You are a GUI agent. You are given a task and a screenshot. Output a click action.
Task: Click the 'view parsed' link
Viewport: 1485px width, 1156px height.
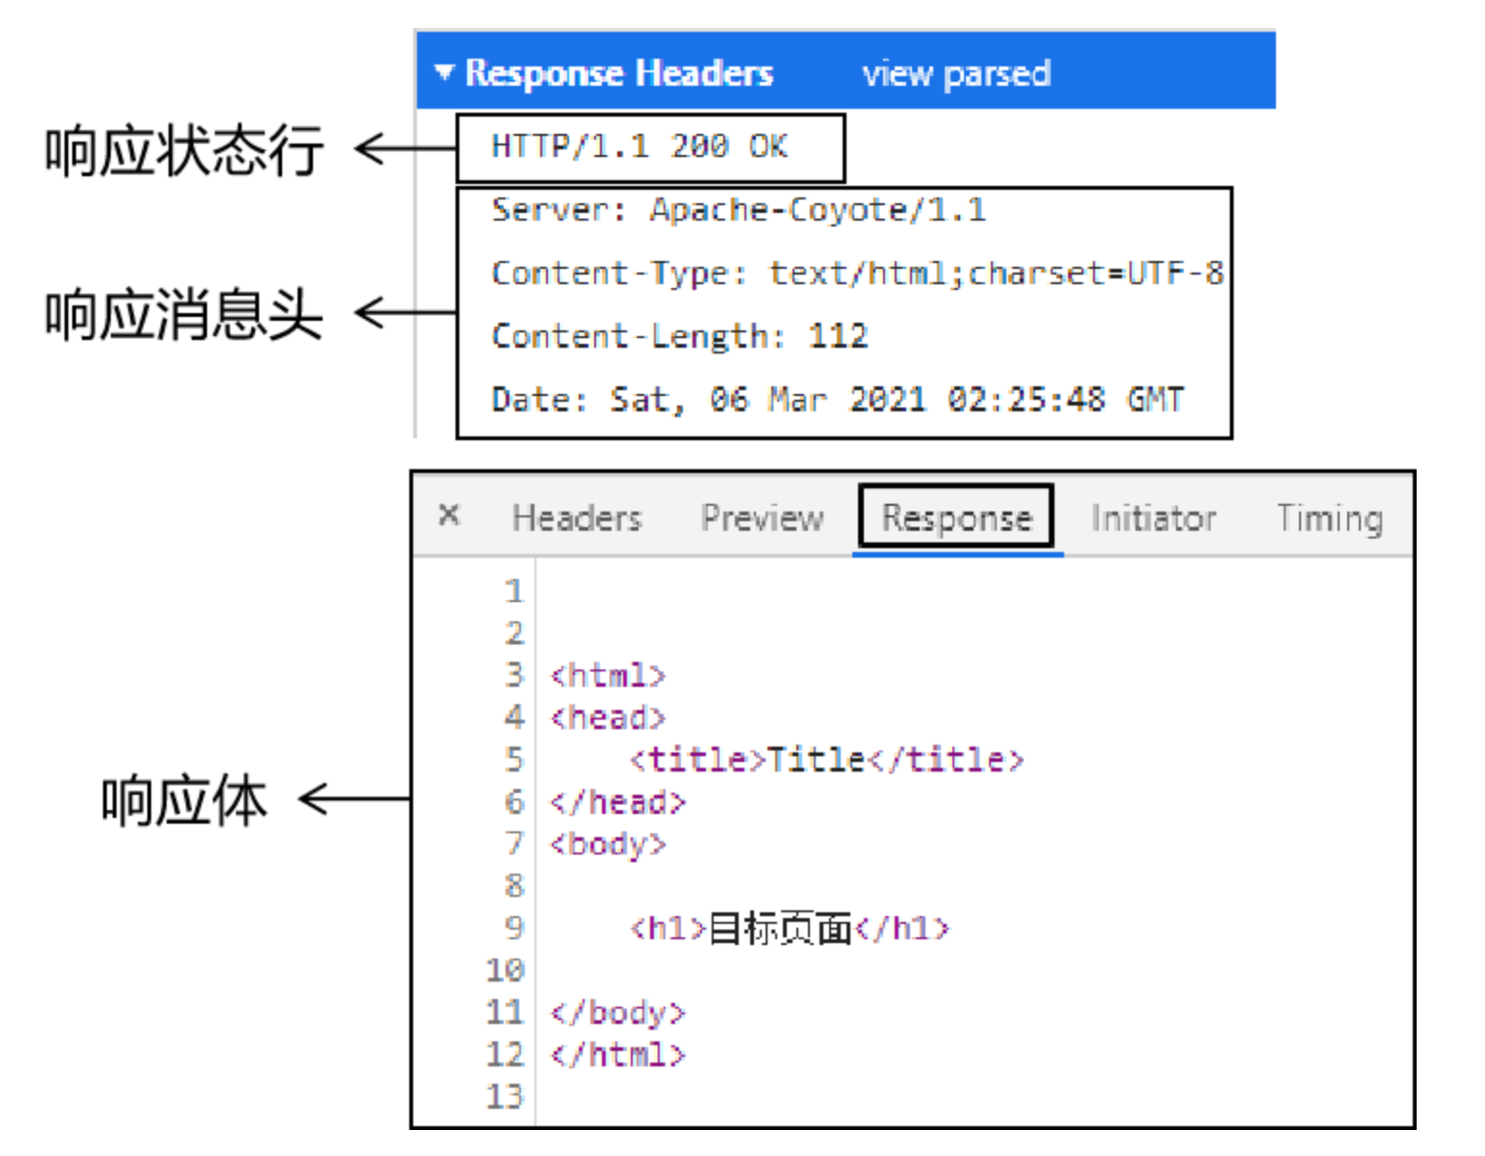(955, 73)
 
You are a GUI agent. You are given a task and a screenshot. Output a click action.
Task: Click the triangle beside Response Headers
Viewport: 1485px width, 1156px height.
(443, 72)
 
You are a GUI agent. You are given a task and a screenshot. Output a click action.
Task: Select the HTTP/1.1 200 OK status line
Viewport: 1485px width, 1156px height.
(639, 146)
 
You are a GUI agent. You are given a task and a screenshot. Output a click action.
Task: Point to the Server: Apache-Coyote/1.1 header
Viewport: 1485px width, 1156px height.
(738, 210)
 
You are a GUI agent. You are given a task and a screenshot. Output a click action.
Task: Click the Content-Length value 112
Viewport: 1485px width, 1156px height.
(838, 336)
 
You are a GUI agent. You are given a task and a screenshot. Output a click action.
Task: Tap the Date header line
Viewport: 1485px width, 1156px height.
(837, 400)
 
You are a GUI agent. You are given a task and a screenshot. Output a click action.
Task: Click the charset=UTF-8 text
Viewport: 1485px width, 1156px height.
(1095, 274)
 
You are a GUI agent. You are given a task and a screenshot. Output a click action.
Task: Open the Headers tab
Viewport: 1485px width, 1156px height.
(576, 518)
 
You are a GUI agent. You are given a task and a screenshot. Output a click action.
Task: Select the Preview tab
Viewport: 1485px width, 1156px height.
(762, 518)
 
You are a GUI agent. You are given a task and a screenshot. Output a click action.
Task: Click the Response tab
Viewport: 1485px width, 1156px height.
(956, 518)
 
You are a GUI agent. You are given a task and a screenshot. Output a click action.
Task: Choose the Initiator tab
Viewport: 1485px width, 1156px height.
(1153, 518)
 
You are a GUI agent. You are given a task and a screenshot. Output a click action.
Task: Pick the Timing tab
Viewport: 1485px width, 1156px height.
(1329, 518)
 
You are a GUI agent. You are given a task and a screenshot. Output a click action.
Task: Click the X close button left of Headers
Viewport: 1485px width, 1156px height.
(449, 514)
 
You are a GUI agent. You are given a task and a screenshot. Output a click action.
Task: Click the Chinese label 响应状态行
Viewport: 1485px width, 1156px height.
(184, 150)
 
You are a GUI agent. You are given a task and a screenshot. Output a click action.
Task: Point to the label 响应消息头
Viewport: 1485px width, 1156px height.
(184, 314)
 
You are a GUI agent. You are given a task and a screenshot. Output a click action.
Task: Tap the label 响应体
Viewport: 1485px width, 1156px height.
(184, 801)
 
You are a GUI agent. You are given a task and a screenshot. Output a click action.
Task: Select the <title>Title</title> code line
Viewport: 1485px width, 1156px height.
(826, 760)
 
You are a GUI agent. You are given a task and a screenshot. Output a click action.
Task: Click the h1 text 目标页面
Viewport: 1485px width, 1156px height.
(780, 929)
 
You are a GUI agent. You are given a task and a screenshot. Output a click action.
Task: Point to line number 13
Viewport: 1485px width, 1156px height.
(505, 1096)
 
